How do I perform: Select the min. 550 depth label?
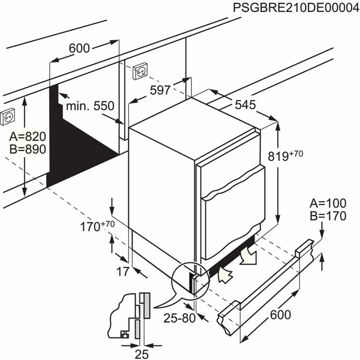[x=89, y=106]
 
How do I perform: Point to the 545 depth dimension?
[x=244, y=104]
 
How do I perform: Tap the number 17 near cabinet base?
[x=123, y=272]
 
